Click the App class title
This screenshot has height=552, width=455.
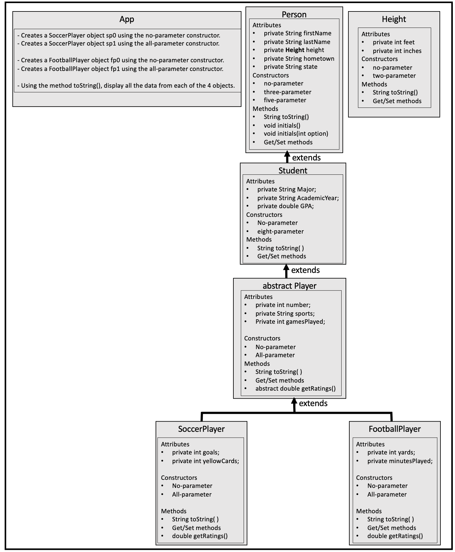point(127,20)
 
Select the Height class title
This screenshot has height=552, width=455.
point(394,19)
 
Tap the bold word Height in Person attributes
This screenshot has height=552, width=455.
point(295,50)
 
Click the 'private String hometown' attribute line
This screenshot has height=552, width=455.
point(299,59)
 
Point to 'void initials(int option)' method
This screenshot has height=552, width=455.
point(296,134)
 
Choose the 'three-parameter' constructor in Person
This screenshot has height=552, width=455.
point(287,92)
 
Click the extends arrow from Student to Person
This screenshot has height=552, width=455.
point(287,157)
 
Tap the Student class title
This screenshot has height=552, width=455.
point(293,170)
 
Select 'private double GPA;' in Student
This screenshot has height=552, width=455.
point(285,206)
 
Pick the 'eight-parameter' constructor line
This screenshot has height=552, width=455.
point(280,231)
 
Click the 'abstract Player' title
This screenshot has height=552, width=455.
point(289,286)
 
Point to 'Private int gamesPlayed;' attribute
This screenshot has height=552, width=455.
point(290,322)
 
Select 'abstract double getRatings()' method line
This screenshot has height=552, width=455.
point(295,388)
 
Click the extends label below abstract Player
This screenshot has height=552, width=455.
point(313,403)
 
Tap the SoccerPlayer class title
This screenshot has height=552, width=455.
point(201,429)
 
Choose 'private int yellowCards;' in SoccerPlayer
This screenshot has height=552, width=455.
point(205,461)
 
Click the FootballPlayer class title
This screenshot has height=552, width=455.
point(395,429)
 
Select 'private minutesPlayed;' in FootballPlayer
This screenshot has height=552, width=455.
point(400,461)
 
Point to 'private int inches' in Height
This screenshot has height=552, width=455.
point(397,51)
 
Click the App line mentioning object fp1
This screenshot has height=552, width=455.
point(122,69)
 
